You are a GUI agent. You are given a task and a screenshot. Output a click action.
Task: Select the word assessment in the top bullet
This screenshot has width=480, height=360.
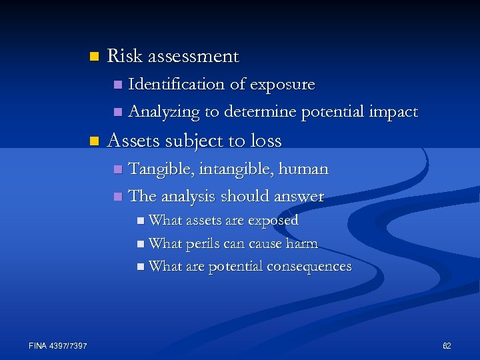coord(193,57)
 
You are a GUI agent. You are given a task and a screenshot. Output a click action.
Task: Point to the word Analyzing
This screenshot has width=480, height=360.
coord(163,113)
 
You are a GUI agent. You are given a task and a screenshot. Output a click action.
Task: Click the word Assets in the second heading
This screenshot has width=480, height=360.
coord(130,141)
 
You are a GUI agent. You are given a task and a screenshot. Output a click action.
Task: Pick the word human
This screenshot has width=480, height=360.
coord(304,169)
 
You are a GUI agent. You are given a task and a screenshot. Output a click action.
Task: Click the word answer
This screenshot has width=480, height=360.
coord(298,197)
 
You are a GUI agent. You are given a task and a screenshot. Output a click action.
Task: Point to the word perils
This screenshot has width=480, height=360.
coord(203,244)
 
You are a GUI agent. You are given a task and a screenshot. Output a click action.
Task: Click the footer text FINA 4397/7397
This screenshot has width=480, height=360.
coord(58,345)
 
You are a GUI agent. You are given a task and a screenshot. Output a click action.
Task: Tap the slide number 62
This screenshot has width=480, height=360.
coord(447,345)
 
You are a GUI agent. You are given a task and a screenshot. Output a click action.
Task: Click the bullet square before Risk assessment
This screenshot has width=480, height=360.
coord(93,56)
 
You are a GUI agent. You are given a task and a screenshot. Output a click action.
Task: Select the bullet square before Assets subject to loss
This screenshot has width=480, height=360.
coord(93,141)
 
